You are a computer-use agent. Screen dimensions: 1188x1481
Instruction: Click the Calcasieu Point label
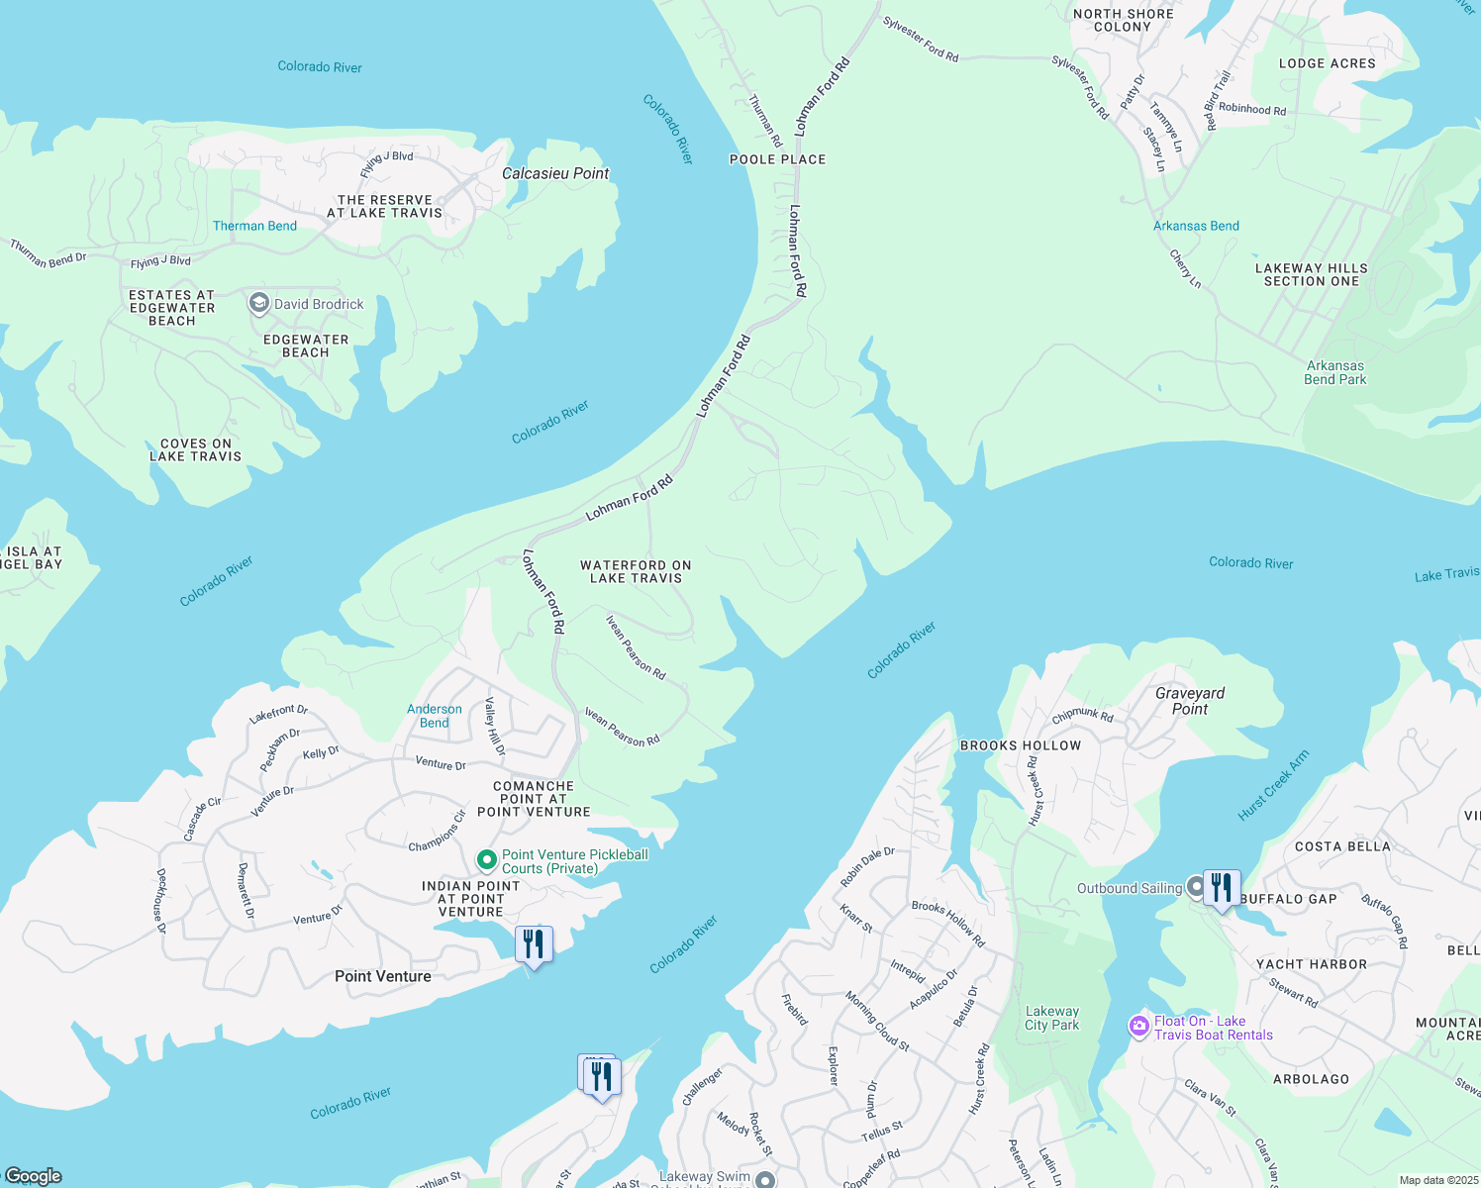coord(555,173)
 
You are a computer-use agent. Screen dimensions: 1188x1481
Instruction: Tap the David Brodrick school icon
coord(259,303)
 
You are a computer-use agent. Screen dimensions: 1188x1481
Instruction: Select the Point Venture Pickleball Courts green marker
coord(486,859)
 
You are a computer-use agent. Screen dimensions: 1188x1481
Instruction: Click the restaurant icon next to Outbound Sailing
coord(1223,887)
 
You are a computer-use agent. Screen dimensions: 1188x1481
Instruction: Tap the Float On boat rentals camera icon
coord(1138,1027)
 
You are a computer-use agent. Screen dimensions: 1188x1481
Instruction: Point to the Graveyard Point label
coord(1190,701)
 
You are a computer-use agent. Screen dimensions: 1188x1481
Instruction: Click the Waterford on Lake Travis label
coord(636,571)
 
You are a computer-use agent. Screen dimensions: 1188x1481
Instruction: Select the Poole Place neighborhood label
coord(777,159)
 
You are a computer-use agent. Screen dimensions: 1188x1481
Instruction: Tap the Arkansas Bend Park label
coord(1334,372)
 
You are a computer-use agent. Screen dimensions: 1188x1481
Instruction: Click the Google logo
coord(33,1175)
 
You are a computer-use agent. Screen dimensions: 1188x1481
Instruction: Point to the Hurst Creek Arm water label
coord(1273,786)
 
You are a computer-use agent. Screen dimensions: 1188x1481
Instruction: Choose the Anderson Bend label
coord(435,716)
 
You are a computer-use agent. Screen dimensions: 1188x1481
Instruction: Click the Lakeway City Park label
coord(1052,1018)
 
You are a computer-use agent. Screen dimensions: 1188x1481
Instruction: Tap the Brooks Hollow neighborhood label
coord(1021,745)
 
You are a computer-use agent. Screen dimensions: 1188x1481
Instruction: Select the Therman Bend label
coord(254,226)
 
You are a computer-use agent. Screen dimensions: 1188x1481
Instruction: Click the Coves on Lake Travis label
coord(196,450)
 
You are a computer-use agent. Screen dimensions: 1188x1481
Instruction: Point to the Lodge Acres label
coord(1327,63)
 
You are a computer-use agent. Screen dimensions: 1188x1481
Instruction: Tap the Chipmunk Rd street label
coord(1082,716)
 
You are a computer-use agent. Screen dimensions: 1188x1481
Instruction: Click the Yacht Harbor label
coord(1311,964)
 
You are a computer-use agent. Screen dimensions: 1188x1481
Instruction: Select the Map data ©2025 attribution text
coord(1437,1180)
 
